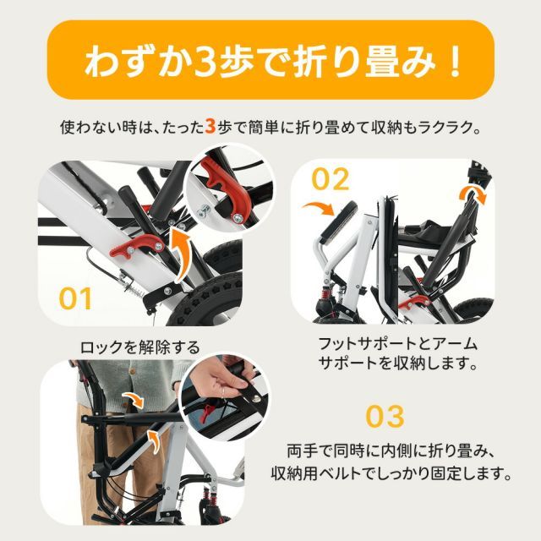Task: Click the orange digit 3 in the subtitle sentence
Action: tap(210, 128)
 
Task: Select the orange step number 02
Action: tap(331, 179)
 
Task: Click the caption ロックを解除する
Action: tap(139, 347)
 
